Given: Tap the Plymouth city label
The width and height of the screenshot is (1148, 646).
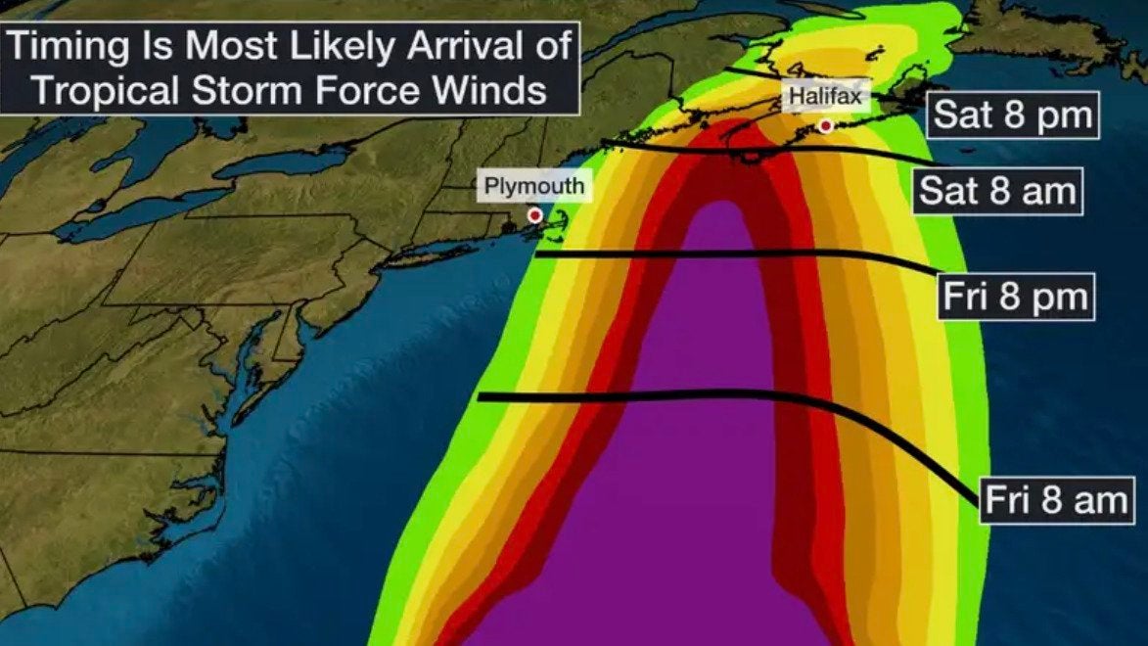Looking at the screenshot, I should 533,186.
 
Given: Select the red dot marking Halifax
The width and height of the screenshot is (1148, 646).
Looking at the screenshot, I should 827,125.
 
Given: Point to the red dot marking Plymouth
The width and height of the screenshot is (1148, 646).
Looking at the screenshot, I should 534,214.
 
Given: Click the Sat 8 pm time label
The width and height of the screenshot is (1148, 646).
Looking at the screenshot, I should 1011,115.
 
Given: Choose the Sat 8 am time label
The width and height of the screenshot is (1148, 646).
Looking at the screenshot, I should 997,191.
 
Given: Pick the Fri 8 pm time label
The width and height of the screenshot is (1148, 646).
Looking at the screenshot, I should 1016,296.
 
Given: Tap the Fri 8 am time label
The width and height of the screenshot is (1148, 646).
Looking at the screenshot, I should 1055,500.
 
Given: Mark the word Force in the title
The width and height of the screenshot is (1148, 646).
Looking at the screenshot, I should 376,90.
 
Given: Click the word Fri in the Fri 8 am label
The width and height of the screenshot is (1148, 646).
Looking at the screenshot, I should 1006,500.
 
